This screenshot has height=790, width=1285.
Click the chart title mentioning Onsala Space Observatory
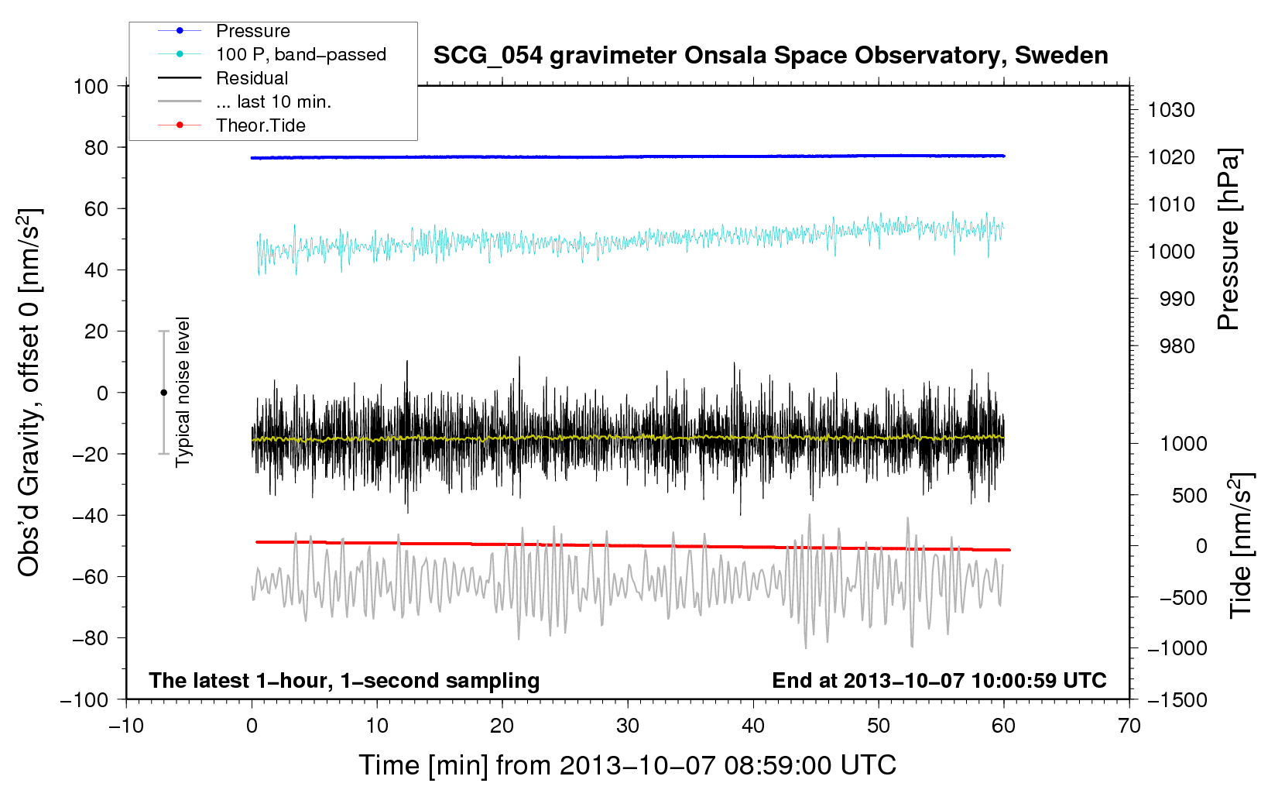(x=770, y=56)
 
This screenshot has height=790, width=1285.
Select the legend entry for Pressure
(x=252, y=31)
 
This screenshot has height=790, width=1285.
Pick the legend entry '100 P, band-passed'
(x=300, y=54)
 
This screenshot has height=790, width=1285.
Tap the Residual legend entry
(x=252, y=78)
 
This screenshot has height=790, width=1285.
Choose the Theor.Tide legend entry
(x=260, y=125)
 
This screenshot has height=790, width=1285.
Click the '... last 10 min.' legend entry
(x=273, y=101)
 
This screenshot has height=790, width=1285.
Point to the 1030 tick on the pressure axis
(x=1171, y=110)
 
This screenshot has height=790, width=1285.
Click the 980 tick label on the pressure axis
(x=1177, y=346)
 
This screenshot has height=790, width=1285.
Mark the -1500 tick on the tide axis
(x=1177, y=699)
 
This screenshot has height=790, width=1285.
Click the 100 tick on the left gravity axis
(x=91, y=86)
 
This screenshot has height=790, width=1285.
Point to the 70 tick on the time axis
(x=1129, y=726)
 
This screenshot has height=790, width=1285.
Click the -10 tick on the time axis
(x=126, y=726)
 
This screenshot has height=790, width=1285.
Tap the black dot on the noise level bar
(x=163, y=393)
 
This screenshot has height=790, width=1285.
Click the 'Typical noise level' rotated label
(x=183, y=392)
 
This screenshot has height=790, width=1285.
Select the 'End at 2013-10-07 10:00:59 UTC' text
(x=939, y=681)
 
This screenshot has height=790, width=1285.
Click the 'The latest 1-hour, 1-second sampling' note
(x=344, y=681)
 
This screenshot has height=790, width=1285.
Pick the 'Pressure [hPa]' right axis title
(x=1228, y=239)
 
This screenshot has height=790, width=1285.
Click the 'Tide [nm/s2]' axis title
(x=1241, y=547)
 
